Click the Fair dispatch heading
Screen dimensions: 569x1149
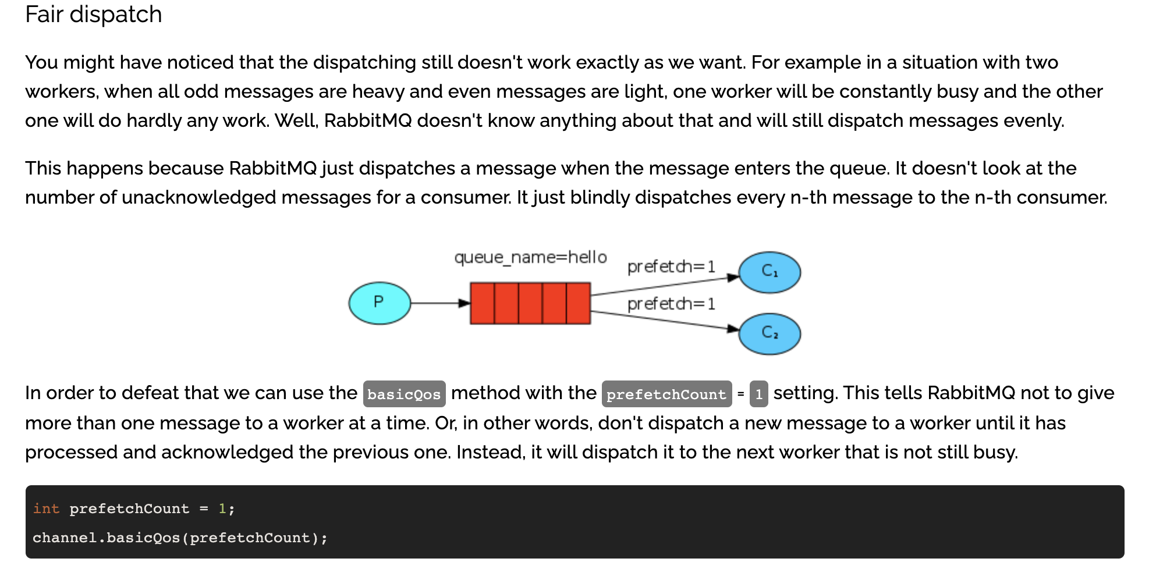(93, 15)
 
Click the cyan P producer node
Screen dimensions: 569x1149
(380, 303)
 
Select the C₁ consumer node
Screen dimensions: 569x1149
(769, 272)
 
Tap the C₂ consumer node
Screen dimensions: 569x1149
(769, 333)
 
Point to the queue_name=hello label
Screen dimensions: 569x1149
(530, 257)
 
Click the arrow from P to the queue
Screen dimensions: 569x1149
(439, 303)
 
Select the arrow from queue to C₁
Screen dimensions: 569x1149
(664, 286)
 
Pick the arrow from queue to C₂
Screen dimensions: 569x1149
(664, 321)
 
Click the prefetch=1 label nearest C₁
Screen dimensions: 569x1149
(671, 267)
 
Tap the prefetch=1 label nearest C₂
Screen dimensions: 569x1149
(671, 304)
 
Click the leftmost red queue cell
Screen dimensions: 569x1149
(483, 303)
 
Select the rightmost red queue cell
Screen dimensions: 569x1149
(579, 303)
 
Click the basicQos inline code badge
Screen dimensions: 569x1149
(404, 394)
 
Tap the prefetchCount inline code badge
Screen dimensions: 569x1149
(666, 394)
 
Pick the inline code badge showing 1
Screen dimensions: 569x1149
(758, 394)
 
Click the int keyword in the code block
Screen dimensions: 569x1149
(46, 508)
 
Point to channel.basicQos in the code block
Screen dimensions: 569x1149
(106, 538)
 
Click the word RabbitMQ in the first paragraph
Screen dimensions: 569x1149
(368, 120)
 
